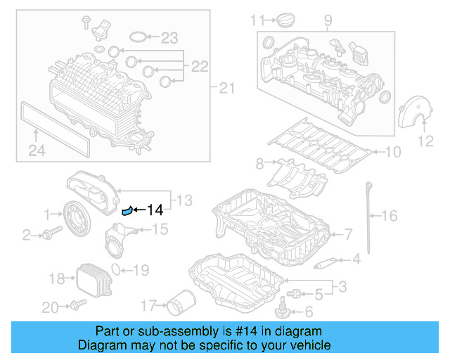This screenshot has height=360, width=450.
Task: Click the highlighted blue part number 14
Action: pyautogui.click(x=127, y=209)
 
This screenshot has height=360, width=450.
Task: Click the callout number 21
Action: pyautogui.click(x=224, y=88)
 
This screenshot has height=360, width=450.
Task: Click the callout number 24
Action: pyautogui.click(x=36, y=149)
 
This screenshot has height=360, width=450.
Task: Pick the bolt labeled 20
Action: pyautogui.click(x=75, y=305)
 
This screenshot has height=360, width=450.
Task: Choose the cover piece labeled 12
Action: pyautogui.click(x=412, y=112)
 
